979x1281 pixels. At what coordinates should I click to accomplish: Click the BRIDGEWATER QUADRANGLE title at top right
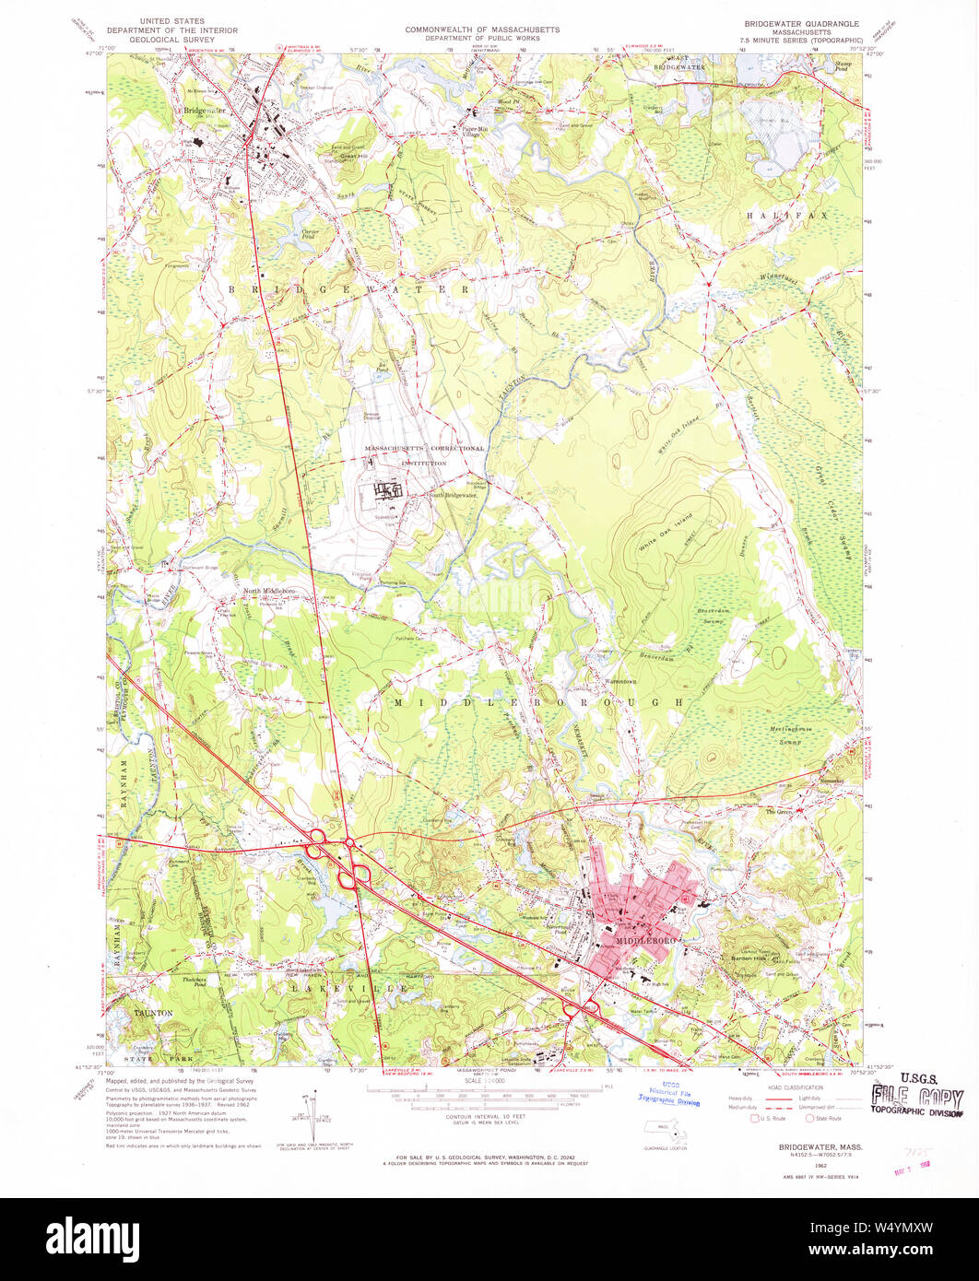(801, 22)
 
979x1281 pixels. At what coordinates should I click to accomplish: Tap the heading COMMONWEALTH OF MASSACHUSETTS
(481, 29)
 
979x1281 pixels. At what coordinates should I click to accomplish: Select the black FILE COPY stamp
(918, 1099)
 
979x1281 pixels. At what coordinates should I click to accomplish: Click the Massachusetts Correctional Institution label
(424, 453)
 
